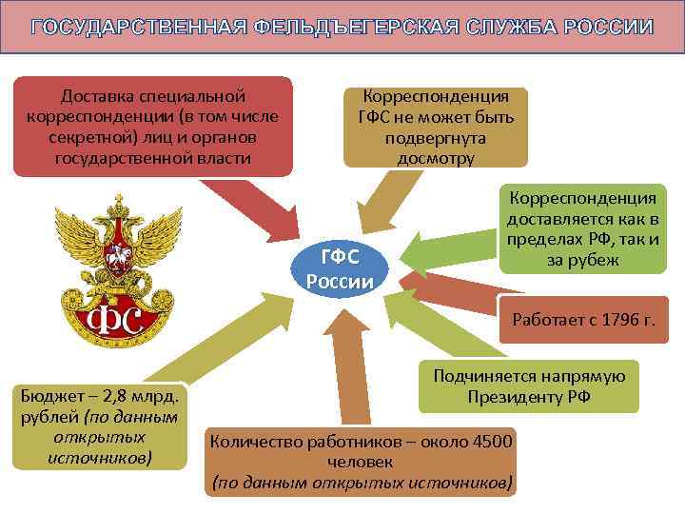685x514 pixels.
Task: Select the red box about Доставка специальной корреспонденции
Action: pyautogui.click(x=152, y=126)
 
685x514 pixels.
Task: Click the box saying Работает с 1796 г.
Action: pyautogui.click(x=583, y=318)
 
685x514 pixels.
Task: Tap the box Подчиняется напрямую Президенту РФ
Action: pyautogui.click(x=529, y=386)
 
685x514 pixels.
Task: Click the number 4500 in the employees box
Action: pyautogui.click(x=493, y=441)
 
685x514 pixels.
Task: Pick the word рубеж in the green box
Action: pyautogui.click(x=596, y=260)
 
